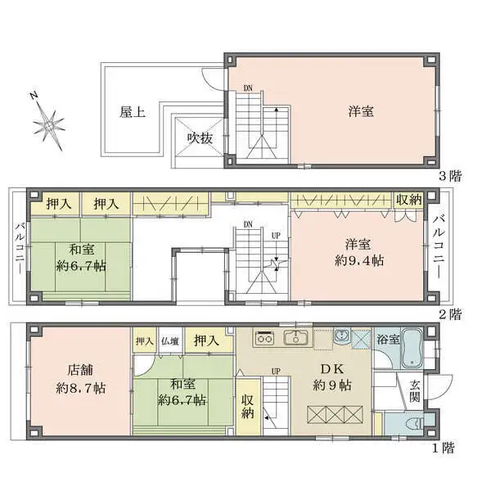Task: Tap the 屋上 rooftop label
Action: pyautogui.click(x=133, y=112)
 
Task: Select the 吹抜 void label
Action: pyautogui.click(x=200, y=138)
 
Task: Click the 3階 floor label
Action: pyautogui.click(x=450, y=176)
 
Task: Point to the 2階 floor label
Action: pyautogui.click(x=450, y=314)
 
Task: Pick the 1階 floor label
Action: pyautogui.click(x=443, y=448)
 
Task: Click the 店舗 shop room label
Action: pyautogui.click(x=80, y=370)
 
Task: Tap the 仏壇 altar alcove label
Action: pyautogui.click(x=170, y=341)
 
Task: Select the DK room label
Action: pyautogui.click(x=332, y=369)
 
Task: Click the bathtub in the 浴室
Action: pyautogui.click(x=412, y=349)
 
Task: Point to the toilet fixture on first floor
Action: pyautogui.click(x=415, y=424)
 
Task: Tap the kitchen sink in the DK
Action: pyautogui.click(x=296, y=338)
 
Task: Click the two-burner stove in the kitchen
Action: pyautogui.click(x=264, y=338)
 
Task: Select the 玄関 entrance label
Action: pyautogui.click(x=415, y=391)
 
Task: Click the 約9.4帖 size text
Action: pyautogui.click(x=359, y=260)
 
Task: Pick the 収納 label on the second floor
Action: pyautogui.click(x=408, y=200)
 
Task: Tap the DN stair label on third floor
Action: pyautogui.click(x=248, y=88)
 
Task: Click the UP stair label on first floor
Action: pyautogui.click(x=276, y=372)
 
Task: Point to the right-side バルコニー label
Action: pyautogui.click(x=439, y=246)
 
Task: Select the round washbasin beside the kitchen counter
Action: pyautogui.click(x=341, y=336)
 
